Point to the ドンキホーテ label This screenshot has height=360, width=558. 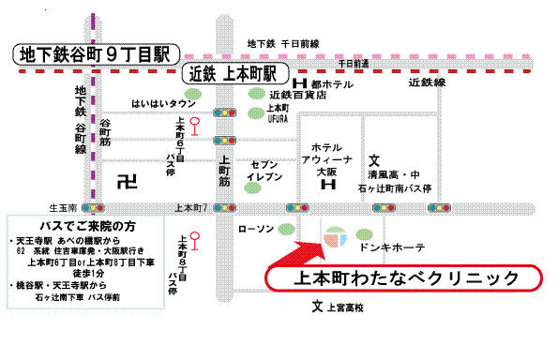[392, 247]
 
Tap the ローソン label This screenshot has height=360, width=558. [255, 228]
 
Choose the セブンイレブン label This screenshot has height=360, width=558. [264, 170]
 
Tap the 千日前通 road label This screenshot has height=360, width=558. [353, 63]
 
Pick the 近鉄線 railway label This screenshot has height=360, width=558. [427, 82]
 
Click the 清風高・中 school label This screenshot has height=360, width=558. [397, 172]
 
